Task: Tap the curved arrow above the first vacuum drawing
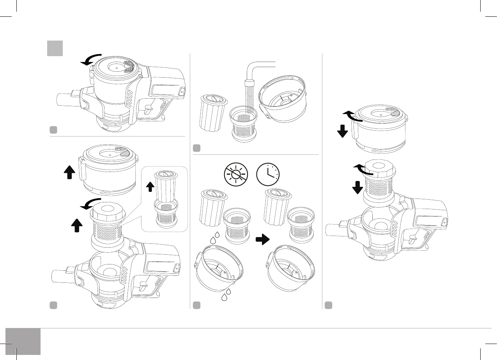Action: (91, 60)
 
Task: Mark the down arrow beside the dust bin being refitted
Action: (343, 131)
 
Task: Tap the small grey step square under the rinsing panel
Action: (197, 148)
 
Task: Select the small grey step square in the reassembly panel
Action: (329, 305)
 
